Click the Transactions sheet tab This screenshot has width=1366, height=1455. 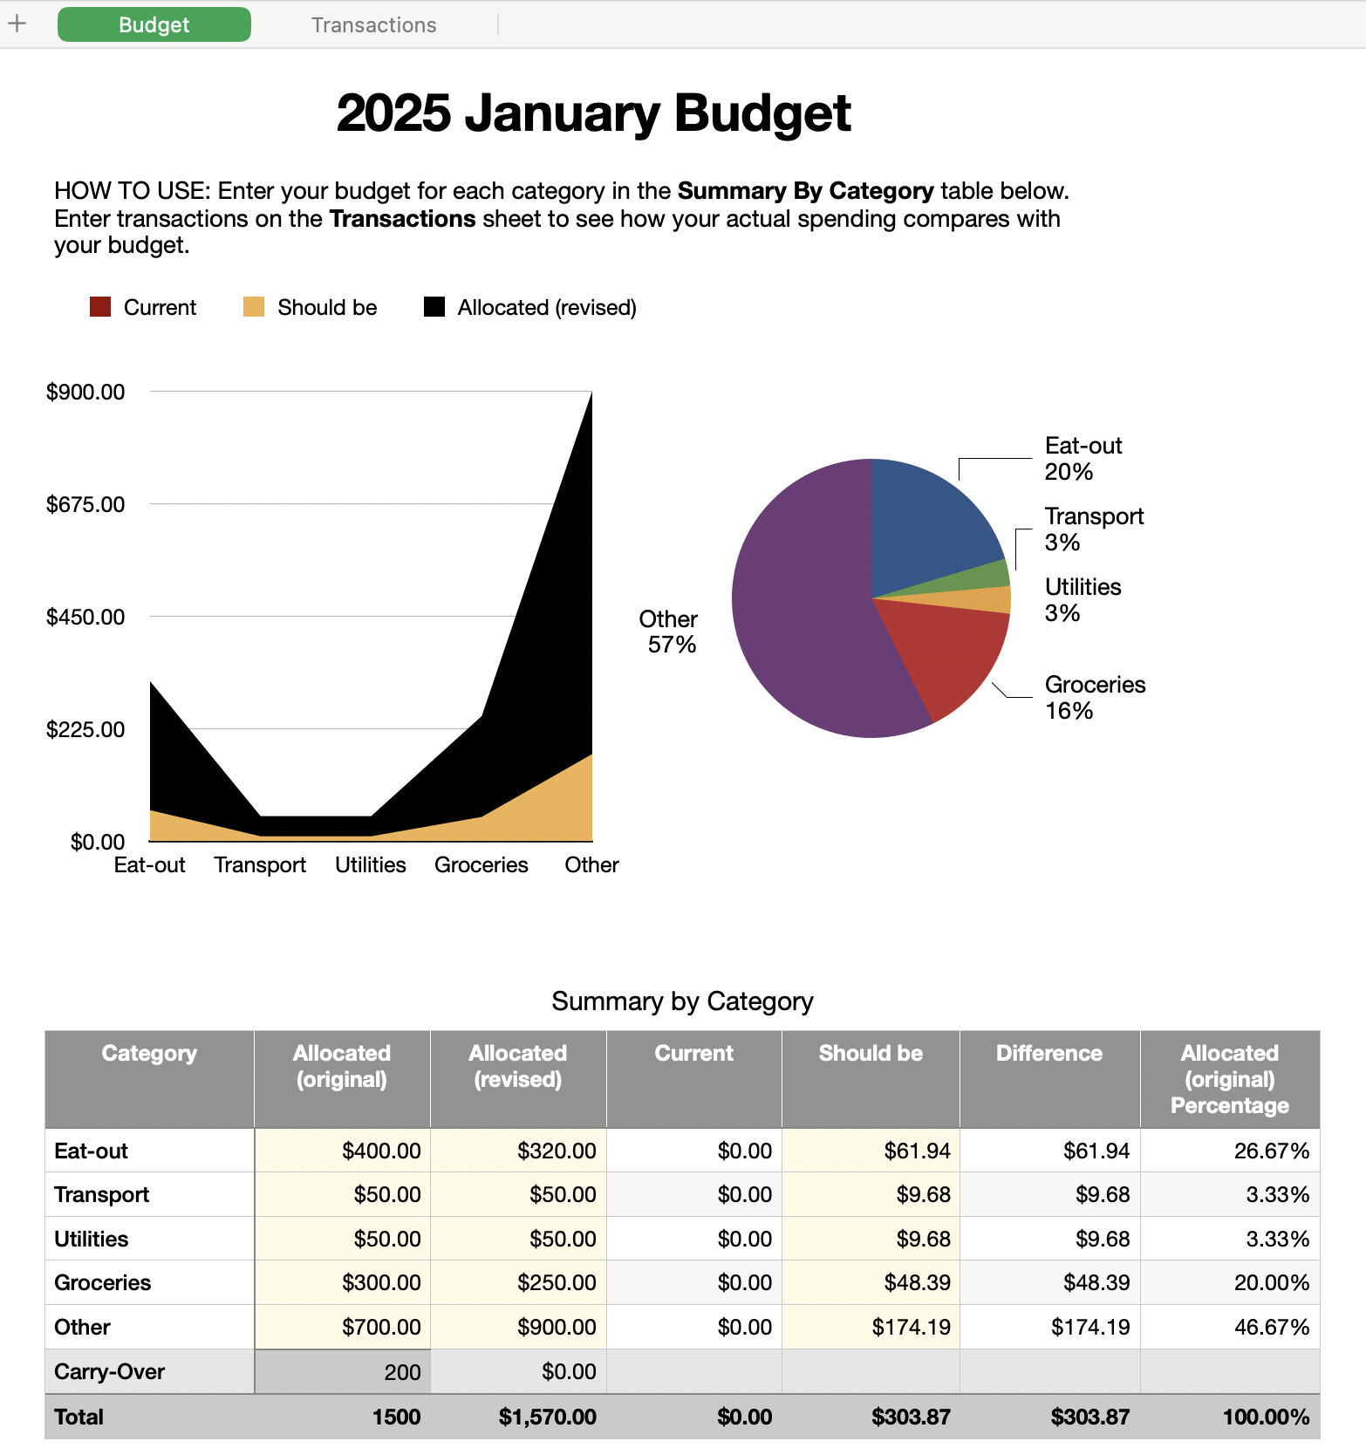click(x=373, y=25)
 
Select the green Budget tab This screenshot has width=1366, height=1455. click(x=154, y=25)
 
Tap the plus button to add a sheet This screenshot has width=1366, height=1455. click(x=17, y=24)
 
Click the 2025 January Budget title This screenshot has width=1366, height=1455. click(x=593, y=113)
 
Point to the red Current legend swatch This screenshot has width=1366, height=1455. click(x=100, y=307)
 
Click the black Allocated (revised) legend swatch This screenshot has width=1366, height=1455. click(x=434, y=307)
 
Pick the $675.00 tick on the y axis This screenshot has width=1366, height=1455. click(x=85, y=504)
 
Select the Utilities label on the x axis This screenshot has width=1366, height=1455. click(x=371, y=864)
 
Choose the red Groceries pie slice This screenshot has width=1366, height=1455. click(x=951, y=654)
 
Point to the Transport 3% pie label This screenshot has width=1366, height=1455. click(x=1093, y=529)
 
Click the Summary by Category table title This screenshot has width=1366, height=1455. click(x=682, y=1001)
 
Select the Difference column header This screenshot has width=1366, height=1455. click(x=1048, y=1054)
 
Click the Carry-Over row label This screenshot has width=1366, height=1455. click(x=110, y=1371)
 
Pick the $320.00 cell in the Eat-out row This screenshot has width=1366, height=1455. click(x=556, y=1151)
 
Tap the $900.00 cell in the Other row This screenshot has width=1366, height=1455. click(x=556, y=1327)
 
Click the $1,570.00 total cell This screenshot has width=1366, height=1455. click(x=547, y=1417)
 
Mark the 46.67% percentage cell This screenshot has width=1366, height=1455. click(x=1271, y=1327)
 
